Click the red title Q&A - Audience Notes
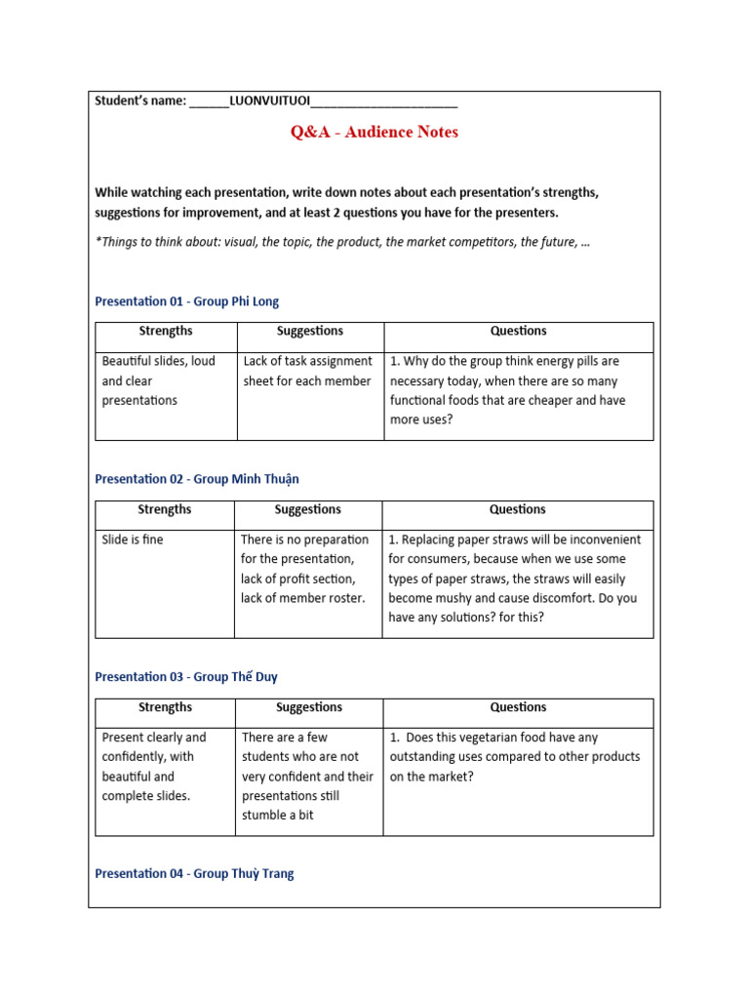click(x=374, y=132)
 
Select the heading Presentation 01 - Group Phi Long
click(x=186, y=301)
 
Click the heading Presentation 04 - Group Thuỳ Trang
click(x=193, y=873)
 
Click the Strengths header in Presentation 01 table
click(x=165, y=332)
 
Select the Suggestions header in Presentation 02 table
click(x=308, y=509)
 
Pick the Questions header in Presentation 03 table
click(x=518, y=707)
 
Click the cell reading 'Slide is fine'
click(x=133, y=539)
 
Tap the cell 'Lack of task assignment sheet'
click(x=307, y=371)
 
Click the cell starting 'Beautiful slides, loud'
click(x=158, y=380)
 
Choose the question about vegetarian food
click(x=514, y=757)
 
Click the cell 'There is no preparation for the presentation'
click(x=304, y=568)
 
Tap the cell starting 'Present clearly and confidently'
click(x=154, y=766)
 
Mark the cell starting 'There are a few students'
click(x=307, y=776)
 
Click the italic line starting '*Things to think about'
click(x=342, y=242)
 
